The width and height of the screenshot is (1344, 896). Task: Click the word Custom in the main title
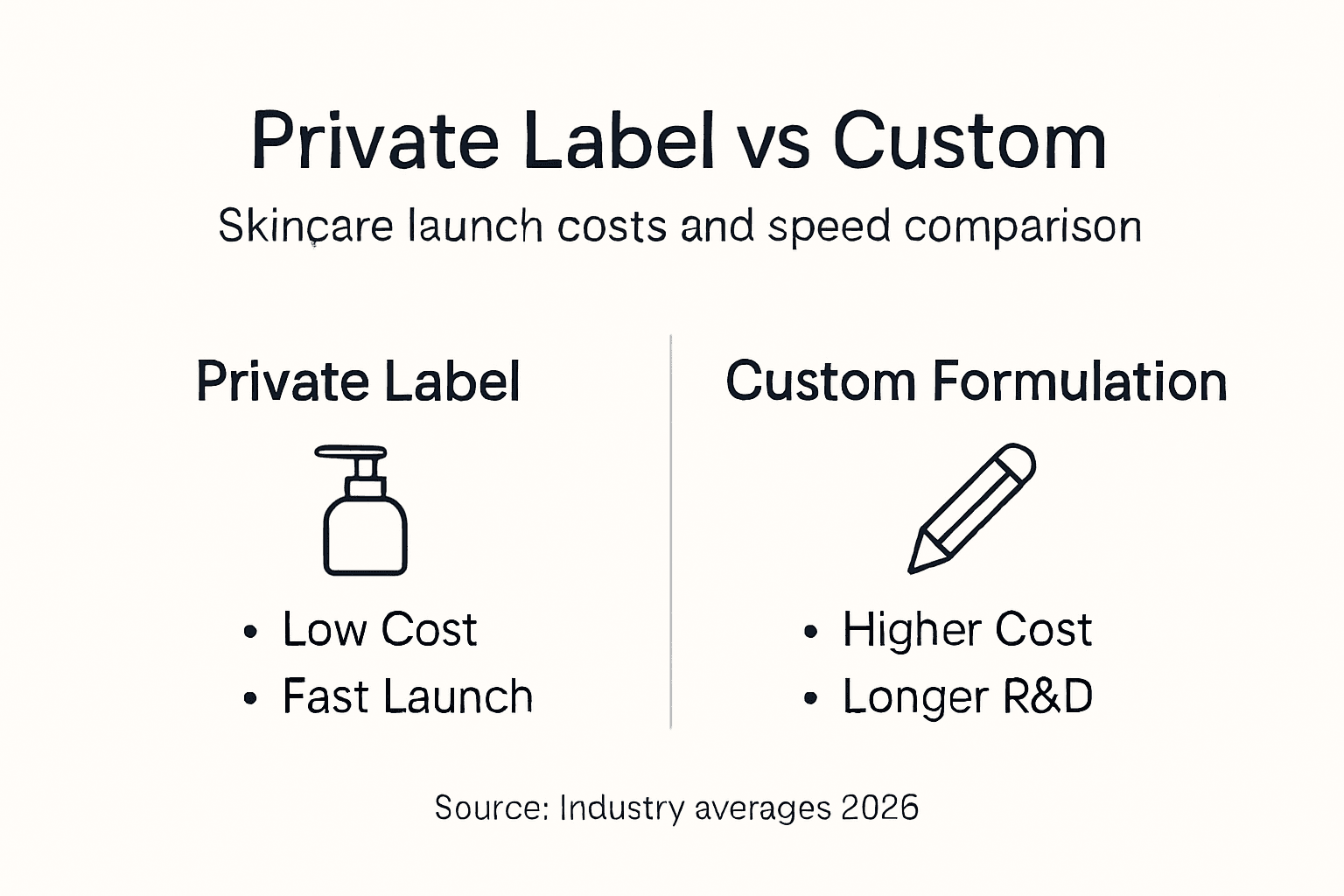coord(969,142)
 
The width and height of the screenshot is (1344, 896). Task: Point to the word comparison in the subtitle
coord(1023,227)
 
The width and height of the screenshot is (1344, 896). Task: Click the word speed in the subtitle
coord(829,227)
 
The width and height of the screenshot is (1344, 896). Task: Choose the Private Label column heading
coord(358,381)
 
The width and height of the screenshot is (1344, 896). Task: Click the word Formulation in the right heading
coord(1079,381)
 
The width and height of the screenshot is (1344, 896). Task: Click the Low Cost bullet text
coord(379,629)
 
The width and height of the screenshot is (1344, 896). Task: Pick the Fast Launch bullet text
coord(407,696)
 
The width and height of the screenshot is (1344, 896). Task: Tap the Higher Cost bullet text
coord(967,629)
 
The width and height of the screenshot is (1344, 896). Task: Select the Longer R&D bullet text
coord(967,696)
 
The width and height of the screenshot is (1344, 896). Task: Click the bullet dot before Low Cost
coord(251,631)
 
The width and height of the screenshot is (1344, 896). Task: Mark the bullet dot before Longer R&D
coord(810,698)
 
